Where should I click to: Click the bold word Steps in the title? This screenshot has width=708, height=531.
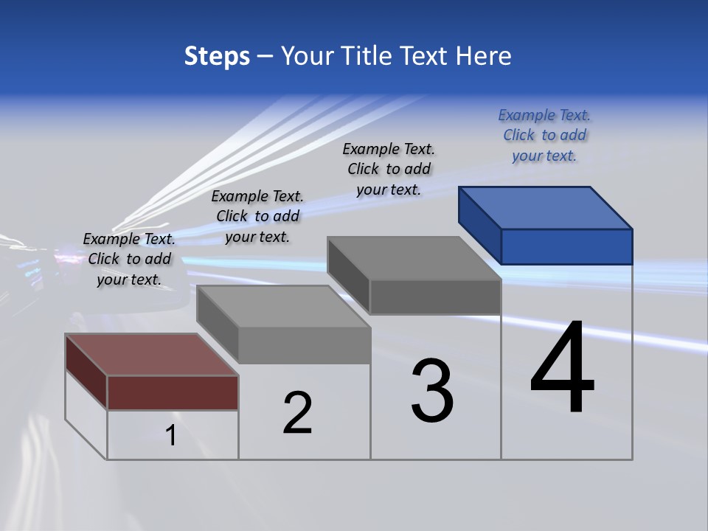pos(217,56)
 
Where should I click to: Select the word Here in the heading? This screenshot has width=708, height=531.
pos(485,56)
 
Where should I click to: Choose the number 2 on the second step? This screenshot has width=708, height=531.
pos(298,412)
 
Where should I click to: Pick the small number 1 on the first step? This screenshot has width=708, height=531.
pos(171,435)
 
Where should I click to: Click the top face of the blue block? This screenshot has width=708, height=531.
pos(546,207)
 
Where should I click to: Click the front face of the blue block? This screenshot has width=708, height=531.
pos(566,246)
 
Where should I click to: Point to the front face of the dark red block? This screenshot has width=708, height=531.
pos(173,392)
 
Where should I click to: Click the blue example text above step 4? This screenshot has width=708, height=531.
pos(544,135)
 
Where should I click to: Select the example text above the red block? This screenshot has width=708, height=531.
pos(129,259)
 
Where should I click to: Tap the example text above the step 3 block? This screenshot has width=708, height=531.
pos(389,169)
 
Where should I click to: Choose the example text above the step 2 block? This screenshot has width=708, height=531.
pos(257,216)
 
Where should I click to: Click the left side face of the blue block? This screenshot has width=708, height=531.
pos(479,224)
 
